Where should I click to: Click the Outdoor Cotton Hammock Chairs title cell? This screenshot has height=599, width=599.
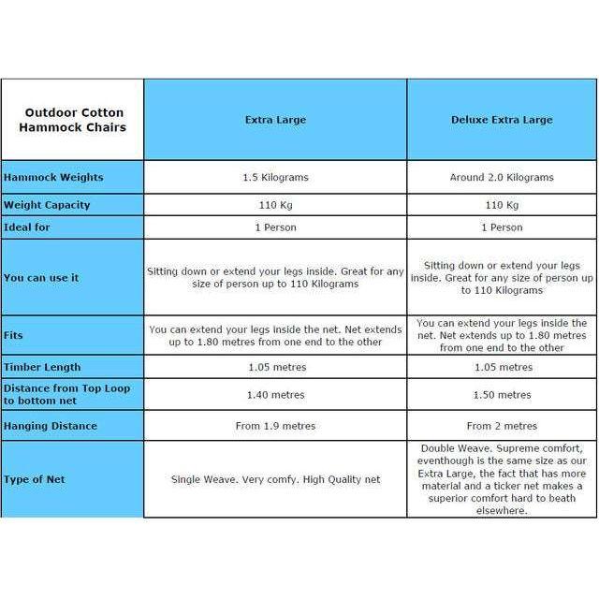[x=75, y=120]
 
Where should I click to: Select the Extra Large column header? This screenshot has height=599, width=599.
[x=275, y=120]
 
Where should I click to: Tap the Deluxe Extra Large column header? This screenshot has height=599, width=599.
[x=502, y=120]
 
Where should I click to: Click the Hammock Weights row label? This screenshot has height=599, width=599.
[x=53, y=177]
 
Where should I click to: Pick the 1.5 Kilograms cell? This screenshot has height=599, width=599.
[x=275, y=177]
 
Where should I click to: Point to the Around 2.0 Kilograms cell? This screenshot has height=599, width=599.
[x=502, y=177]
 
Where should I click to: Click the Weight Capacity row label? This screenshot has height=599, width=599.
[x=47, y=205]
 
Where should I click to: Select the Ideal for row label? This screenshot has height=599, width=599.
[x=29, y=227]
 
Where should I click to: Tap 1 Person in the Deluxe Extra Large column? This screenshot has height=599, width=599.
[x=502, y=227]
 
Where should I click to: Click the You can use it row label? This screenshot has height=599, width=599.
[x=41, y=278]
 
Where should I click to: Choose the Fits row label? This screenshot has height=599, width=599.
[x=14, y=335]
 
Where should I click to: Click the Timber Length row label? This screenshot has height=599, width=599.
[x=42, y=367]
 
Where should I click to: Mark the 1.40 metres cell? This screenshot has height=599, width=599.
[x=275, y=395]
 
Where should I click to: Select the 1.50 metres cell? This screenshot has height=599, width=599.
[x=502, y=395]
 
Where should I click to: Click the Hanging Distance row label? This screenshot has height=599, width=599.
[x=51, y=426]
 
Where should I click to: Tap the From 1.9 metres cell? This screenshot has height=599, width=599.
[x=275, y=426]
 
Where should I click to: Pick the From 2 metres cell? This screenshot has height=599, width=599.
[x=502, y=426]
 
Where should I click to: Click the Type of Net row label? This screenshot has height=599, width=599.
[x=35, y=479]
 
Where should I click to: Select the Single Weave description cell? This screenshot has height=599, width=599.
[x=275, y=479]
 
